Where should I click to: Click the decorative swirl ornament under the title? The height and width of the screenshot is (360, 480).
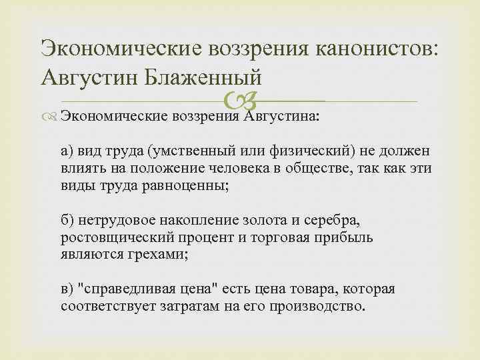click(x=239, y=101)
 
